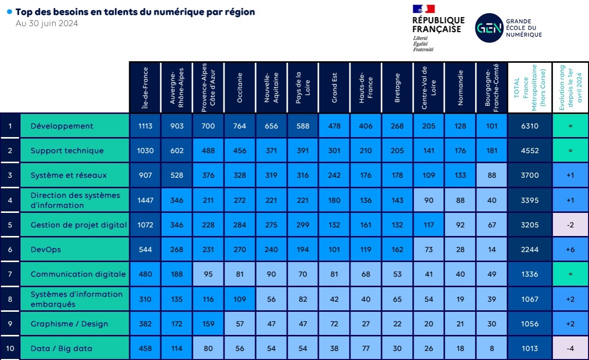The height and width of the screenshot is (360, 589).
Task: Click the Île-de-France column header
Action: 145,87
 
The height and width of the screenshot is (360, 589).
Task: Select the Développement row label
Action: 62,126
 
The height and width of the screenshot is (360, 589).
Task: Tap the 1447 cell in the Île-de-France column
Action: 145,200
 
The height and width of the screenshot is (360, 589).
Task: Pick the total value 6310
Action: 529,126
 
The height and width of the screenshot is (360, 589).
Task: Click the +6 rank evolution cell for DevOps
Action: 570,250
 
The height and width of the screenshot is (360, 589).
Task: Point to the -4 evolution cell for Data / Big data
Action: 570,348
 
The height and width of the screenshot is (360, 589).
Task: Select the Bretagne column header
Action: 397,87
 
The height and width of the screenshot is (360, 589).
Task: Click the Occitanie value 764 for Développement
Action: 240,126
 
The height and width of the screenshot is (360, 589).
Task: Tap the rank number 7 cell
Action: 10,274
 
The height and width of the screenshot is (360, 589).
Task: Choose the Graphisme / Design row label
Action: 69,324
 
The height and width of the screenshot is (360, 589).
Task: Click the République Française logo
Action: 438,28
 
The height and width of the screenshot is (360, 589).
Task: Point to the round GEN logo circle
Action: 489,28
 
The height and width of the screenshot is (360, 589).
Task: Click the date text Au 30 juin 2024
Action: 47,24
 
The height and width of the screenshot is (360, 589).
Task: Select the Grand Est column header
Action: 334,87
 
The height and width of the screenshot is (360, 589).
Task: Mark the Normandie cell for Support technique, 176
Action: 460,151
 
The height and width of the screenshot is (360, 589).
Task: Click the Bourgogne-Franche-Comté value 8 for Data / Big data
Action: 492,348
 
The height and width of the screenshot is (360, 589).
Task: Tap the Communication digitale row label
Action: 78,274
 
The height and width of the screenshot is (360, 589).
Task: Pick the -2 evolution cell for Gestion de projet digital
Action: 570,225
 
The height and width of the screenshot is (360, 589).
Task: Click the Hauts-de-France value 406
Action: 366,126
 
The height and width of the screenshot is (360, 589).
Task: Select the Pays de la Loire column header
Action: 302,87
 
